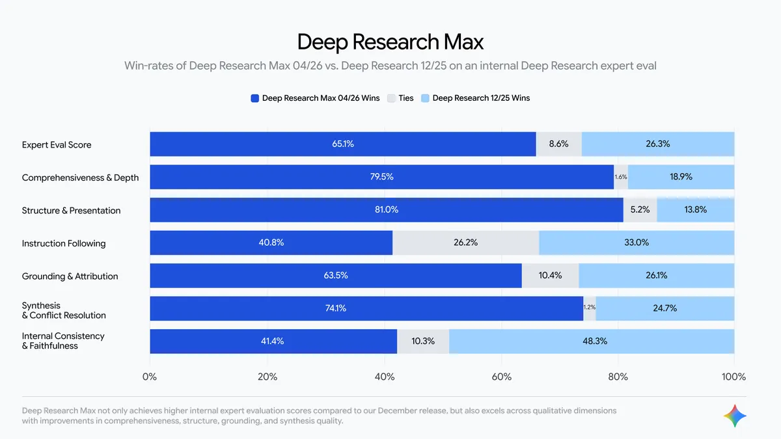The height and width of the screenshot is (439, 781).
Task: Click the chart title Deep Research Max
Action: pos(390,42)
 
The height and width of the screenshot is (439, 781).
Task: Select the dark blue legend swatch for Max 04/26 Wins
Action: pos(255,98)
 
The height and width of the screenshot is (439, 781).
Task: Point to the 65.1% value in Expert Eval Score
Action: pos(343,144)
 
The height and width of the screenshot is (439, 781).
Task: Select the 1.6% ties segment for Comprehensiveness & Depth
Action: pos(621,177)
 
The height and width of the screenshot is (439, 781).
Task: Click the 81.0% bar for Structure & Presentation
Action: pos(387,210)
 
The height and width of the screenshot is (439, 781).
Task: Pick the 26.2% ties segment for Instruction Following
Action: pos(465,243)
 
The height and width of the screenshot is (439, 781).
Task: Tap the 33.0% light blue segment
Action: pos(637,243)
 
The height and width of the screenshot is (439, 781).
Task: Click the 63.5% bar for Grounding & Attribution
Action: pos(336,276)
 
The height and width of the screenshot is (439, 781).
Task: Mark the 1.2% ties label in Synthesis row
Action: pos(590,308)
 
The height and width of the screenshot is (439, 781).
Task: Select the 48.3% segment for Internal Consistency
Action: pos(592,341)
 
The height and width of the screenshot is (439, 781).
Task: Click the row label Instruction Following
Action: pos(64,243)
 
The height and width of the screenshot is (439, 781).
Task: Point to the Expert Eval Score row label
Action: pos(57,144)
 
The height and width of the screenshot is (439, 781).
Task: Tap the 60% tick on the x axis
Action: pos(500,377)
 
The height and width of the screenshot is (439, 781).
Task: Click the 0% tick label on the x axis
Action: pos(150,377)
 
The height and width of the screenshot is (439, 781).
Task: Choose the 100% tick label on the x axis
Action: pos(733,377)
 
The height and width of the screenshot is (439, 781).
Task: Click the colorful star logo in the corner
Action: pos(735,416)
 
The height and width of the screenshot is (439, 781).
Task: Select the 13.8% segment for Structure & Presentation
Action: pos(695,210)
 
